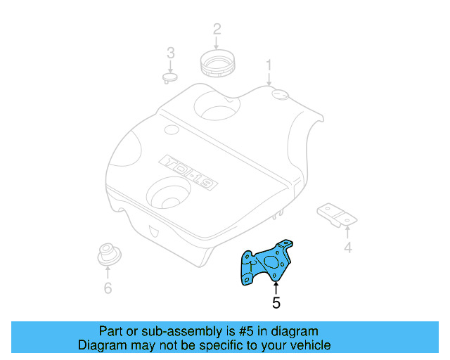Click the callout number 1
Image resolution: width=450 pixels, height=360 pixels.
268,66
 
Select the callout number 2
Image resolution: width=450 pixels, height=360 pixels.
217,29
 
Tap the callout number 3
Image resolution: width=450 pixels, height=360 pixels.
170,52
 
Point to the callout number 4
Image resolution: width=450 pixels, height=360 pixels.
347,247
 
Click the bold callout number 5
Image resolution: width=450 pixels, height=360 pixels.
276,303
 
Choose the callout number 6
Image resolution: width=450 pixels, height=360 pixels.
108,288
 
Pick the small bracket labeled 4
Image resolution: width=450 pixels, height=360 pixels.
335,214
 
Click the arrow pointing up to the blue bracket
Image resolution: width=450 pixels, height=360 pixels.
276,287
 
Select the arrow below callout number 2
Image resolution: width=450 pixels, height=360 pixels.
217,44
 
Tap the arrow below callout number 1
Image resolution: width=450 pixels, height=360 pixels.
268,79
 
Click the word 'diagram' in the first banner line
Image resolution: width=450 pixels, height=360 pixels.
295,331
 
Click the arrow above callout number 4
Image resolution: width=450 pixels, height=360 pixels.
347,231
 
